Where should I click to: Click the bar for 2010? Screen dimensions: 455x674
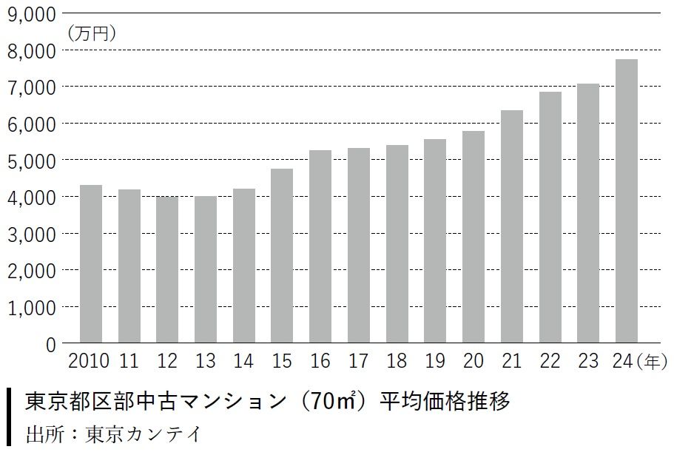point(90,263)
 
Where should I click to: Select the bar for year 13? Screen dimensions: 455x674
point(205,269)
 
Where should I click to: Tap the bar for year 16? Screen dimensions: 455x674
point(320,246)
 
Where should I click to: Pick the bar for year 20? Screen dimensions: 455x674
point(473,237)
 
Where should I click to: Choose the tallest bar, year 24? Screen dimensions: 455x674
point(626,200)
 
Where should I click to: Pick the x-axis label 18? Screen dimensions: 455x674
point(396,362)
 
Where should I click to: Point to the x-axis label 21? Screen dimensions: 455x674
point(511,362)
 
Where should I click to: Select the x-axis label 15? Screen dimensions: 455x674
point(282,362)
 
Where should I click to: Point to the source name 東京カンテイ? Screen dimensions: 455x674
point(143,433)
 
